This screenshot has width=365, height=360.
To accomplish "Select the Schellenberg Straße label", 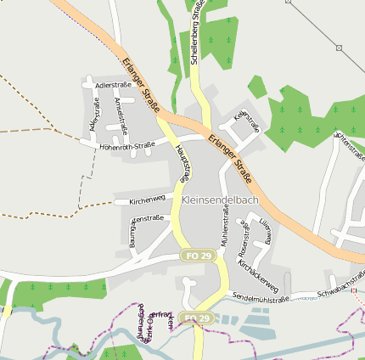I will click(195, 31).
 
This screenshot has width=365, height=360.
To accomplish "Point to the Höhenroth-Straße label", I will click(126, 145).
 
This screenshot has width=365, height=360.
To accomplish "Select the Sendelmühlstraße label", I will click(261, 299).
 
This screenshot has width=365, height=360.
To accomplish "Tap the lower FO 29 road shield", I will click(197, 318).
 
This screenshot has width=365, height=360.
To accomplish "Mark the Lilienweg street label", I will click(266, 230).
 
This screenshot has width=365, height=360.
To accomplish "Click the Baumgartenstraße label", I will click(132, 233).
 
